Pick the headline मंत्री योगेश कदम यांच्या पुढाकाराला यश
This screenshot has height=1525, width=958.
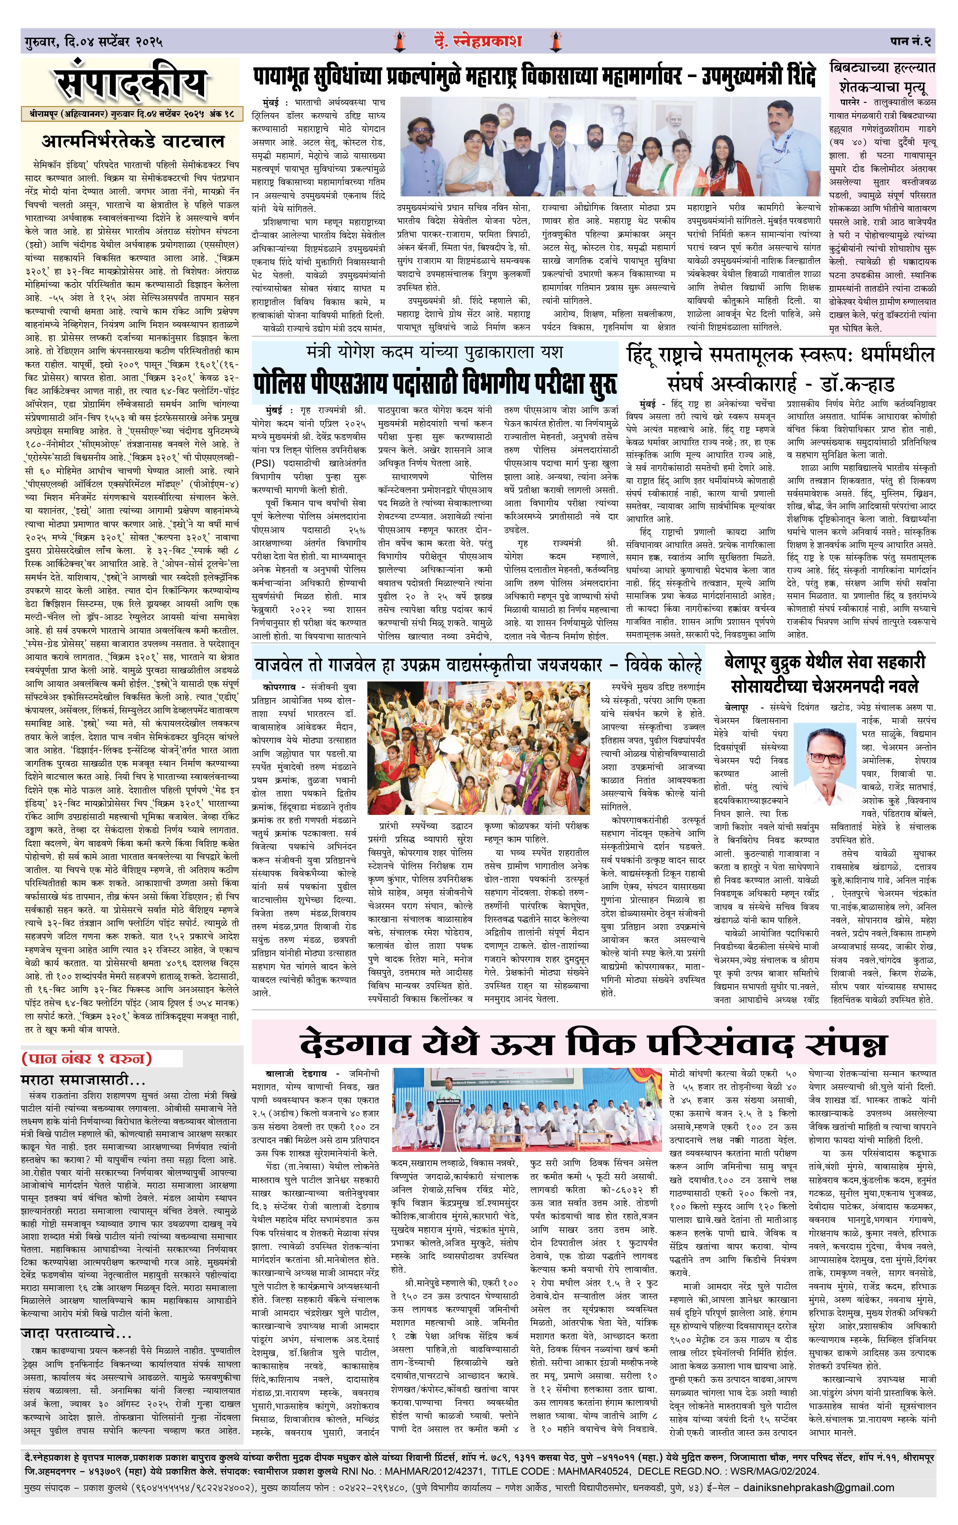[434, 352]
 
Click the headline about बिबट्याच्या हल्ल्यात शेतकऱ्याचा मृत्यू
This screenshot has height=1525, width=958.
[882, 77]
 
